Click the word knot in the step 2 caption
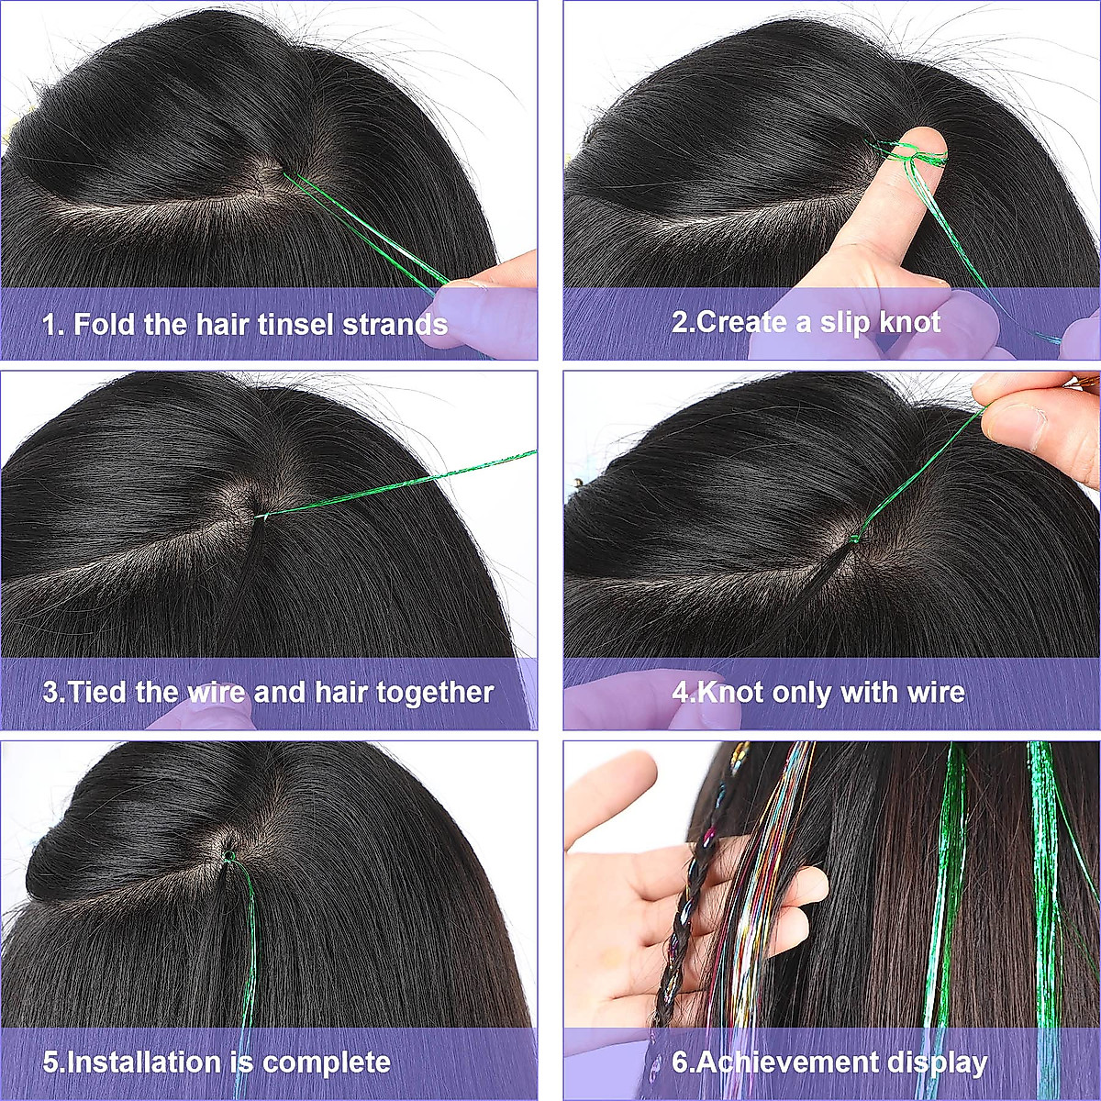[909, 322]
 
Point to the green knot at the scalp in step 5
[228, 857]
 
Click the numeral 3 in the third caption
[50, 692]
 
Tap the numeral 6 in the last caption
[680, 1062]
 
